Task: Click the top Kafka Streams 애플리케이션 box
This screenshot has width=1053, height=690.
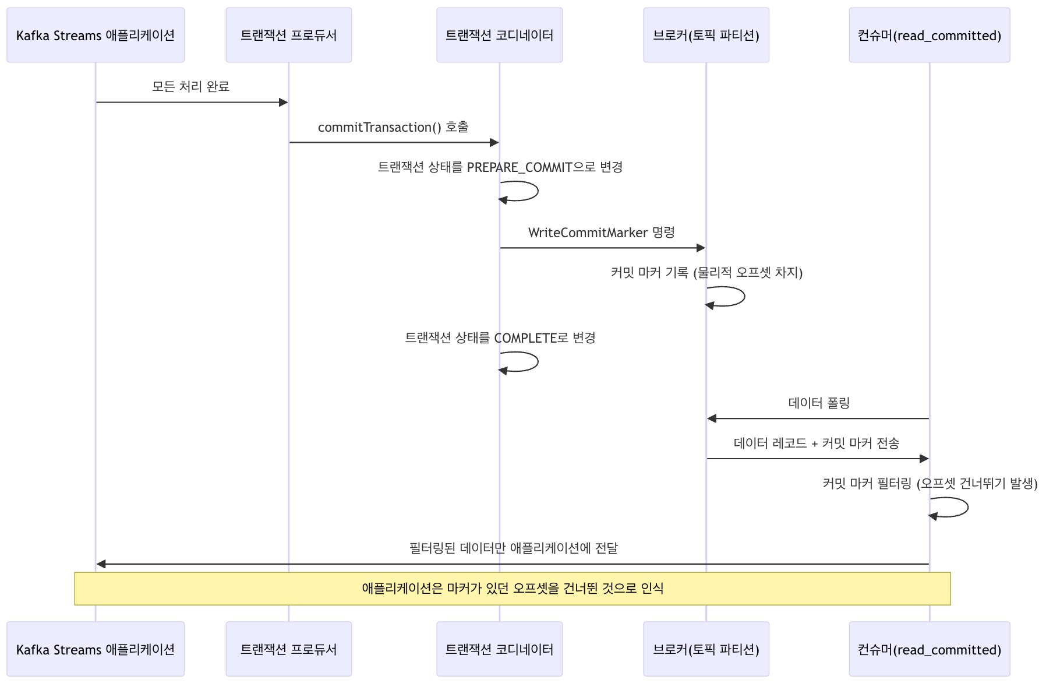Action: pyautogui.click(x=96, y=35)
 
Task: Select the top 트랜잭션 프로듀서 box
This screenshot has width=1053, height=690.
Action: pyautogui.click(x=288, y=35)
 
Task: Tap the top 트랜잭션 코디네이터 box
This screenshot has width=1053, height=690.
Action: pyautogui.click(x=499, y=35)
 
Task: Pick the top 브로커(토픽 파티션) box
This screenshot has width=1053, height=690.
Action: pyautogui.click(x=706, y=35)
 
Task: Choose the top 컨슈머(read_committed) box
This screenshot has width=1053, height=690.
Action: pyautogui.click(x=929, y=35)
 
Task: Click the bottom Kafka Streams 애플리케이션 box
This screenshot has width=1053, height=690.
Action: pyautogui.click(x=96, y=649)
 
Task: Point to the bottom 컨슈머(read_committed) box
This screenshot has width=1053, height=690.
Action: pyautogui.click(x=929, y=649)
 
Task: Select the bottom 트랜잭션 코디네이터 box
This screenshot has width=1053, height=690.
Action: pyautogui.click(x=499, y=649)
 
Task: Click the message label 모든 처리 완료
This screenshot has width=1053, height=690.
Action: pyautogui.click(x=190, y=87)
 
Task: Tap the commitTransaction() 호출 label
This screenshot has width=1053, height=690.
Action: pyautogui.click(x=393, y=127)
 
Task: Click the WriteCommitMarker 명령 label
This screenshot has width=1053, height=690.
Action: pyautogui.click(x=601, y=233)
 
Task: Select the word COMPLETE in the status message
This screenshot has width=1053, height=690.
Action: pyautogui.click(x=525, y=338)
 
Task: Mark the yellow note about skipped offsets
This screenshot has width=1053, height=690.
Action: pyautogui.click(x=513, y=588)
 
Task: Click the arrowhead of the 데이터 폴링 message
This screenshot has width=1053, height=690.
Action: pyautogui.click(x=712, y=418)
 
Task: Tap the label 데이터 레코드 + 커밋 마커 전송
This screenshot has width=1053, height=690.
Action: pyautogui.click(x=816, y=443)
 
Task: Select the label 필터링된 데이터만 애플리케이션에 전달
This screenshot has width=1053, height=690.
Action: pyautogui.click(x=513, y=548)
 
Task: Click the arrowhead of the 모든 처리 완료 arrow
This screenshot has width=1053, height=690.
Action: pyautogui.click(x=284, y=103)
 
